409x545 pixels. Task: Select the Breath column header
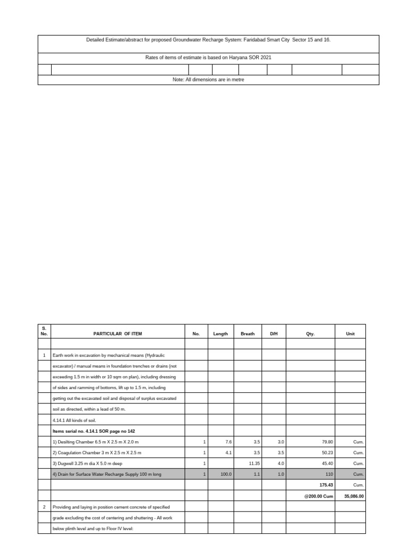pyautogui.click(x=248, y=334)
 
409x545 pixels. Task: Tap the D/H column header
pyautogui.click(x=274, y=334)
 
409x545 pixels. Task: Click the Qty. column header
pyautogui.click(x=310, y=334)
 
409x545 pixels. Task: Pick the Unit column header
pyautogui.click(x=350, y=334)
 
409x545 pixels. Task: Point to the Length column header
pyautogui.click(x=220, y=334)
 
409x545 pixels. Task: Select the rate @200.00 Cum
pyautogui.click(x=318, y=496)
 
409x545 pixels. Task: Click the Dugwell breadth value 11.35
pyautogui.click(x=253, y=463)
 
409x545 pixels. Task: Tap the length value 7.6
pyautogui.click(x=228, y=442)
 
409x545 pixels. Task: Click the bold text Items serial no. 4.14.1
pyautogui.click(x=89, y=431)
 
